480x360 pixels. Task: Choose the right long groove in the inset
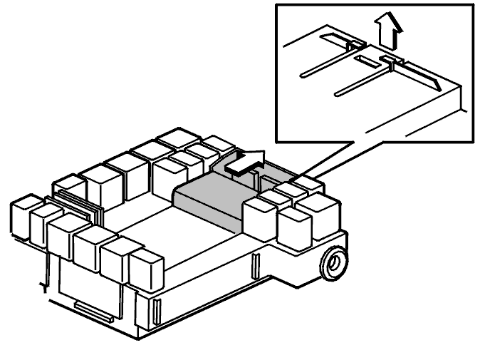(363, 81)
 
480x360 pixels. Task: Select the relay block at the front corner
(146, 269)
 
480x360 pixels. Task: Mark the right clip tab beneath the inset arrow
(391, 61)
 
